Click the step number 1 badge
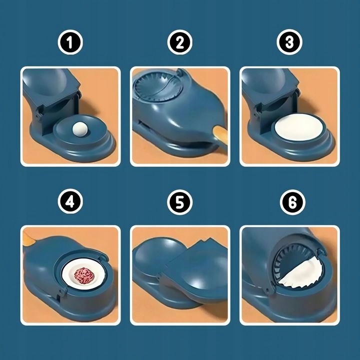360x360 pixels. pyautogui.click(x=70, y=42)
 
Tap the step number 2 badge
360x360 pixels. pyautogui.click(x=180, y=42)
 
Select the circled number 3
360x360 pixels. pyautogui.click(x=289, y=42)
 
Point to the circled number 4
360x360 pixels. pyautogui.click(x=70, y=201)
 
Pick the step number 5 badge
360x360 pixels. pyautogui.click(x=180, y=202)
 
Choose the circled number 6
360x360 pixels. pyautogui.click(x=292, y=202)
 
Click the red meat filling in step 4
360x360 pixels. pyautogui.click(x=84, y=275)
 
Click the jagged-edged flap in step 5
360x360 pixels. pyautogui.click(x=197, y=271)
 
